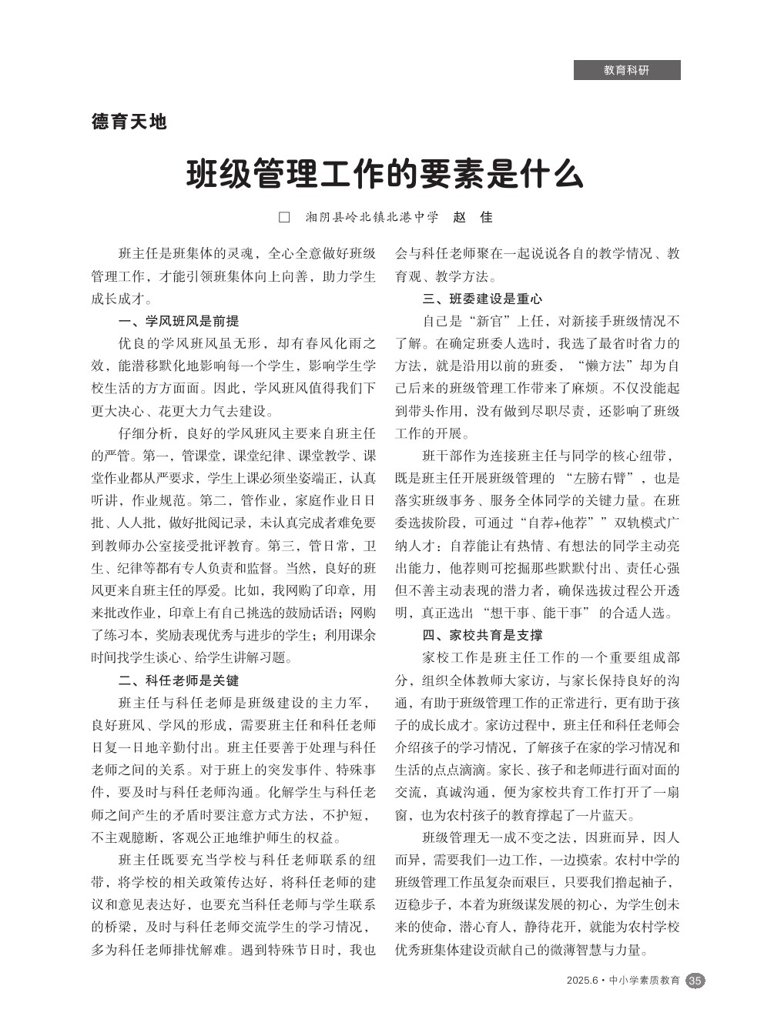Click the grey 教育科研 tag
[x=626, y=70]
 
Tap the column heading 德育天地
[x=129, y=122]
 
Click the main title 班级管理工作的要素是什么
[x=384, y=175]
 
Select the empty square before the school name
[x=283, y=217]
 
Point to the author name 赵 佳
[x=472, y=217]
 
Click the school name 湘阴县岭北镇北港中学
[x=371, y=217]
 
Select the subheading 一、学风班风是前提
[x=178, y=321]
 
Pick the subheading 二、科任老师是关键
[x=178, y=680]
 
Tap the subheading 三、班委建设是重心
[x=482, y=299]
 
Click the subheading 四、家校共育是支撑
[x=482, y=635]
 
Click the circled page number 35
[x=695, y=981]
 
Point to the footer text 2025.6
[x=581, y=981]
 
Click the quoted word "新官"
[x=489, y=321]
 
